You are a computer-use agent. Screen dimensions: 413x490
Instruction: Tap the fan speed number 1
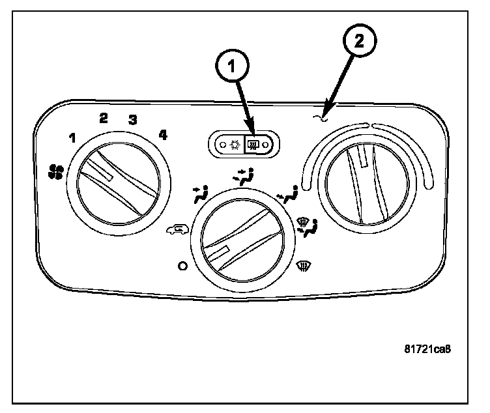pos(72,137)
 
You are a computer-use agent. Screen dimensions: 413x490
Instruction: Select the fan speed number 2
pos(104,118)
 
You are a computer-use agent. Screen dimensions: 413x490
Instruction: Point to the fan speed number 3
pos(132,120)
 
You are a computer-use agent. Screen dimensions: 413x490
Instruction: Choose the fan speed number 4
pos(162,135)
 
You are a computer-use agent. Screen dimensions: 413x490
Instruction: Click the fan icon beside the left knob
pos(56,171)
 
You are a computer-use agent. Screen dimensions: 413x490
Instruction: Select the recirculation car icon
pos(174,229)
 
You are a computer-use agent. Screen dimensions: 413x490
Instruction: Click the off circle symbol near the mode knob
pos(183,266)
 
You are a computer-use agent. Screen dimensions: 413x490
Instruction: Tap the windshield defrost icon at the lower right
pos(302,264)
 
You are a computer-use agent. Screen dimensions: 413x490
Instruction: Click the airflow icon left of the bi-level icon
pos(201,193)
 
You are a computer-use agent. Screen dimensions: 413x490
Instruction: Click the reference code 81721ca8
pos(427,348)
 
